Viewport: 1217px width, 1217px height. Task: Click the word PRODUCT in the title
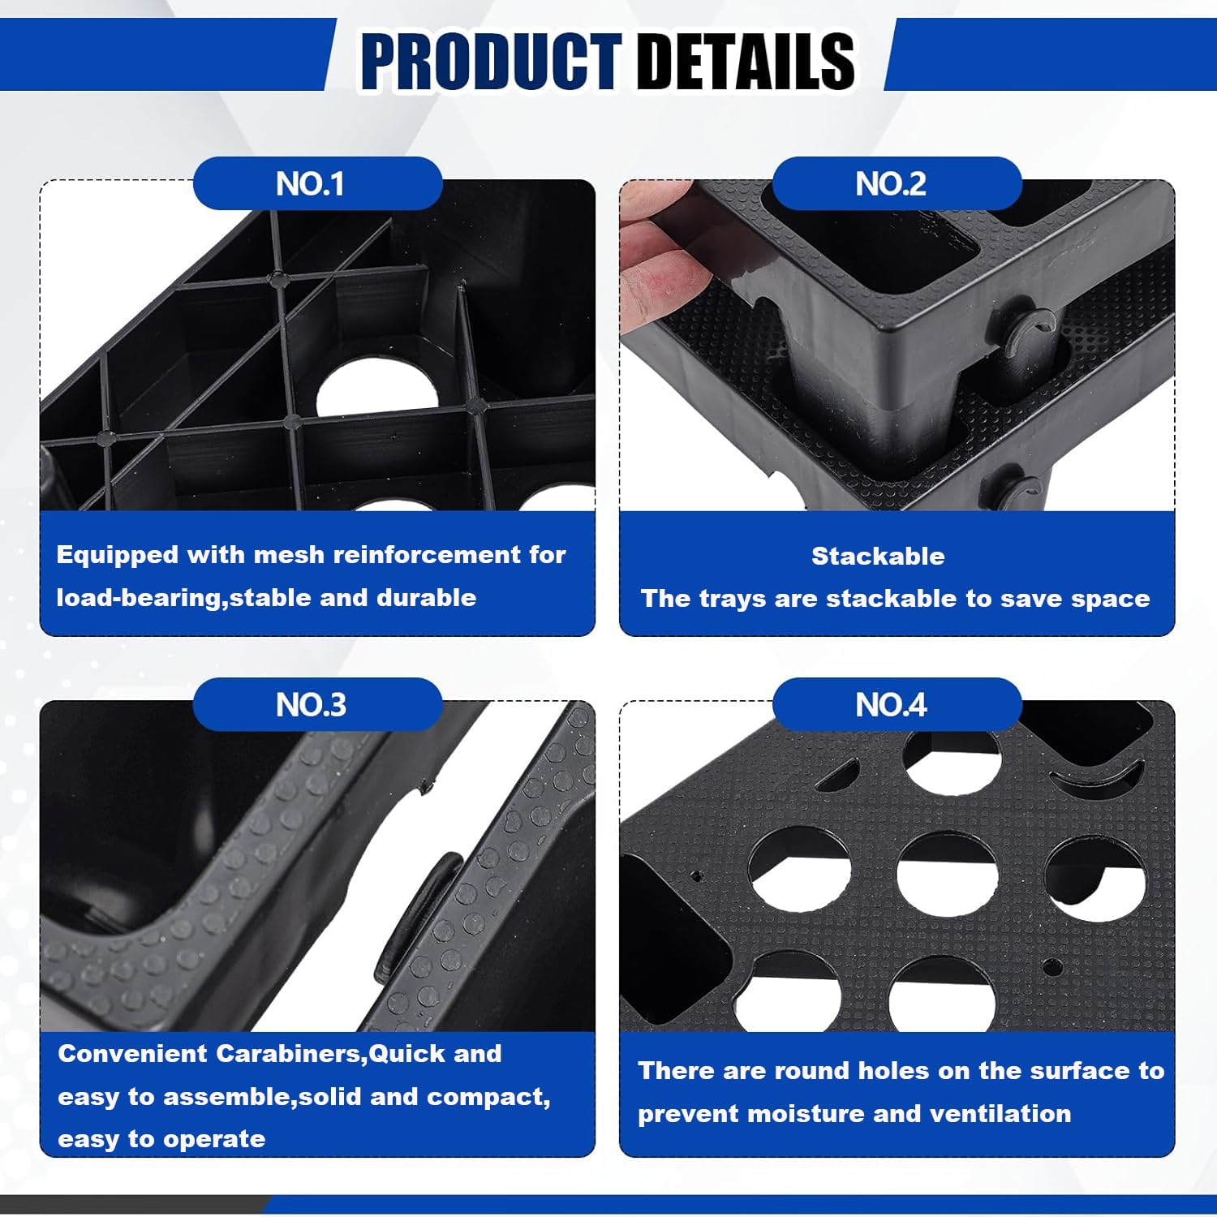[491, 61]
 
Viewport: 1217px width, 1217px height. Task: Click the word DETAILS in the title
[746, 61]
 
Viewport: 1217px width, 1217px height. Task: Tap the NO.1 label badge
[317, 184]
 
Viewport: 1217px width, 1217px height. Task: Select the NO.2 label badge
[897, 184]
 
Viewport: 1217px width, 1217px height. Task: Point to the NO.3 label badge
[317, 704]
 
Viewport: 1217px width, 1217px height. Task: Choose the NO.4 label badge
[897, 704]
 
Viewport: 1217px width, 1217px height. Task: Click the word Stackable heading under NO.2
[878, 556]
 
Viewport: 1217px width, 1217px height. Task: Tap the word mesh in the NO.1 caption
[290, 555]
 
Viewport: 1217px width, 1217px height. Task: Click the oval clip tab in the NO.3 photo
[418, 914]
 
